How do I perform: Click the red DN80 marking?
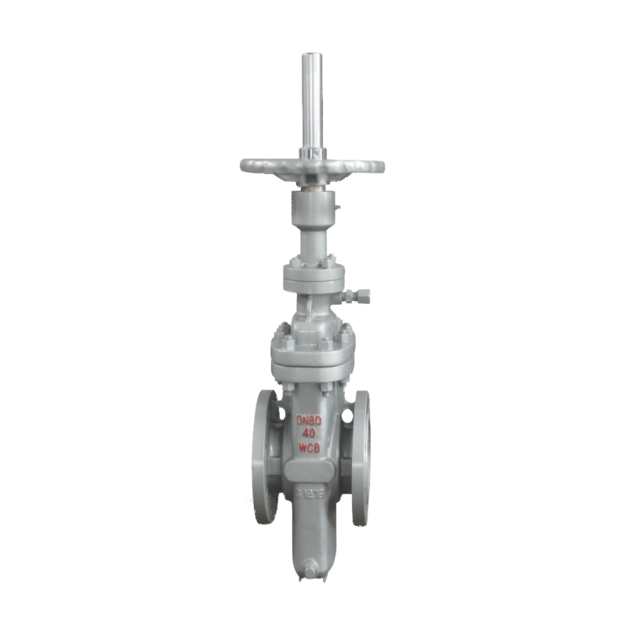tap(312, 421)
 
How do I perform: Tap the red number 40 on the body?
tap(312, 434)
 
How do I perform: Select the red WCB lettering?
tap(312, 448)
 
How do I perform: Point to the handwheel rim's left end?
tap(241, 167)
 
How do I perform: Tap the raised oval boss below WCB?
tap(312, 471)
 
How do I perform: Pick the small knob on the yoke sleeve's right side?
tap(339, 208)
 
